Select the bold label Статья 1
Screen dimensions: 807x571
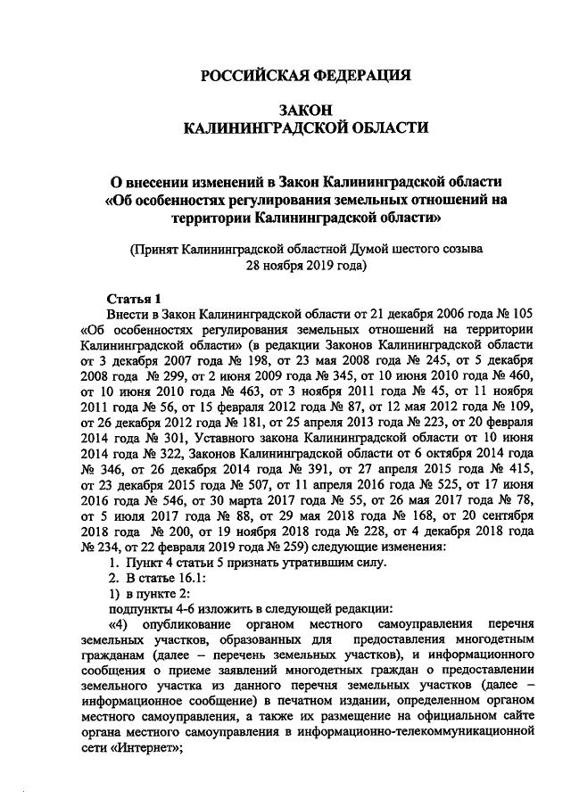[x=134, y=299]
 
